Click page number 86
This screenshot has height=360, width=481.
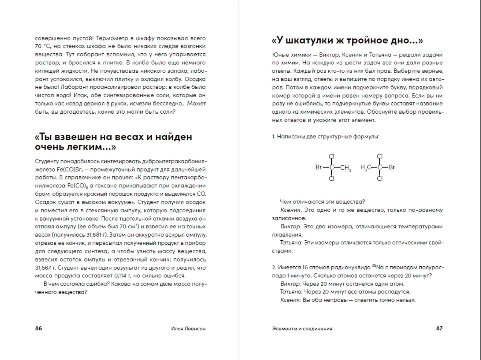pos(39,328)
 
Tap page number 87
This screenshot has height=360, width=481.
pos(439,328)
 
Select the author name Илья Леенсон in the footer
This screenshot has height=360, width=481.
pos(188,329)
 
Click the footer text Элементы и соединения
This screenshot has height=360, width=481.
pos(302,329)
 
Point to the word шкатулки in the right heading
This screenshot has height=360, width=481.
pos(309,41)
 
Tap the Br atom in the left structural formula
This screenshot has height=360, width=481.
pos(319,167)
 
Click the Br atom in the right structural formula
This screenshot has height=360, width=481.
pos(392,167)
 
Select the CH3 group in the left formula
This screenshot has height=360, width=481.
pos(346,168)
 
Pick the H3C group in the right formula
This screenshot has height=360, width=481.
pos(366,168)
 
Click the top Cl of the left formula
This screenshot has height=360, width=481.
pos(332,156)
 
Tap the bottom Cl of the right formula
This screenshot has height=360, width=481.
pos(380,179)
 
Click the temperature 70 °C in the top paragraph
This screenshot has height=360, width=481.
pos(43,46)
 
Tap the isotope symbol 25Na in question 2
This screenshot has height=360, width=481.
pos(378,267)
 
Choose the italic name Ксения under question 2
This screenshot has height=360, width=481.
pos(290,300)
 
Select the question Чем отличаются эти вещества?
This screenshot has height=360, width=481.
pos(322,202)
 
